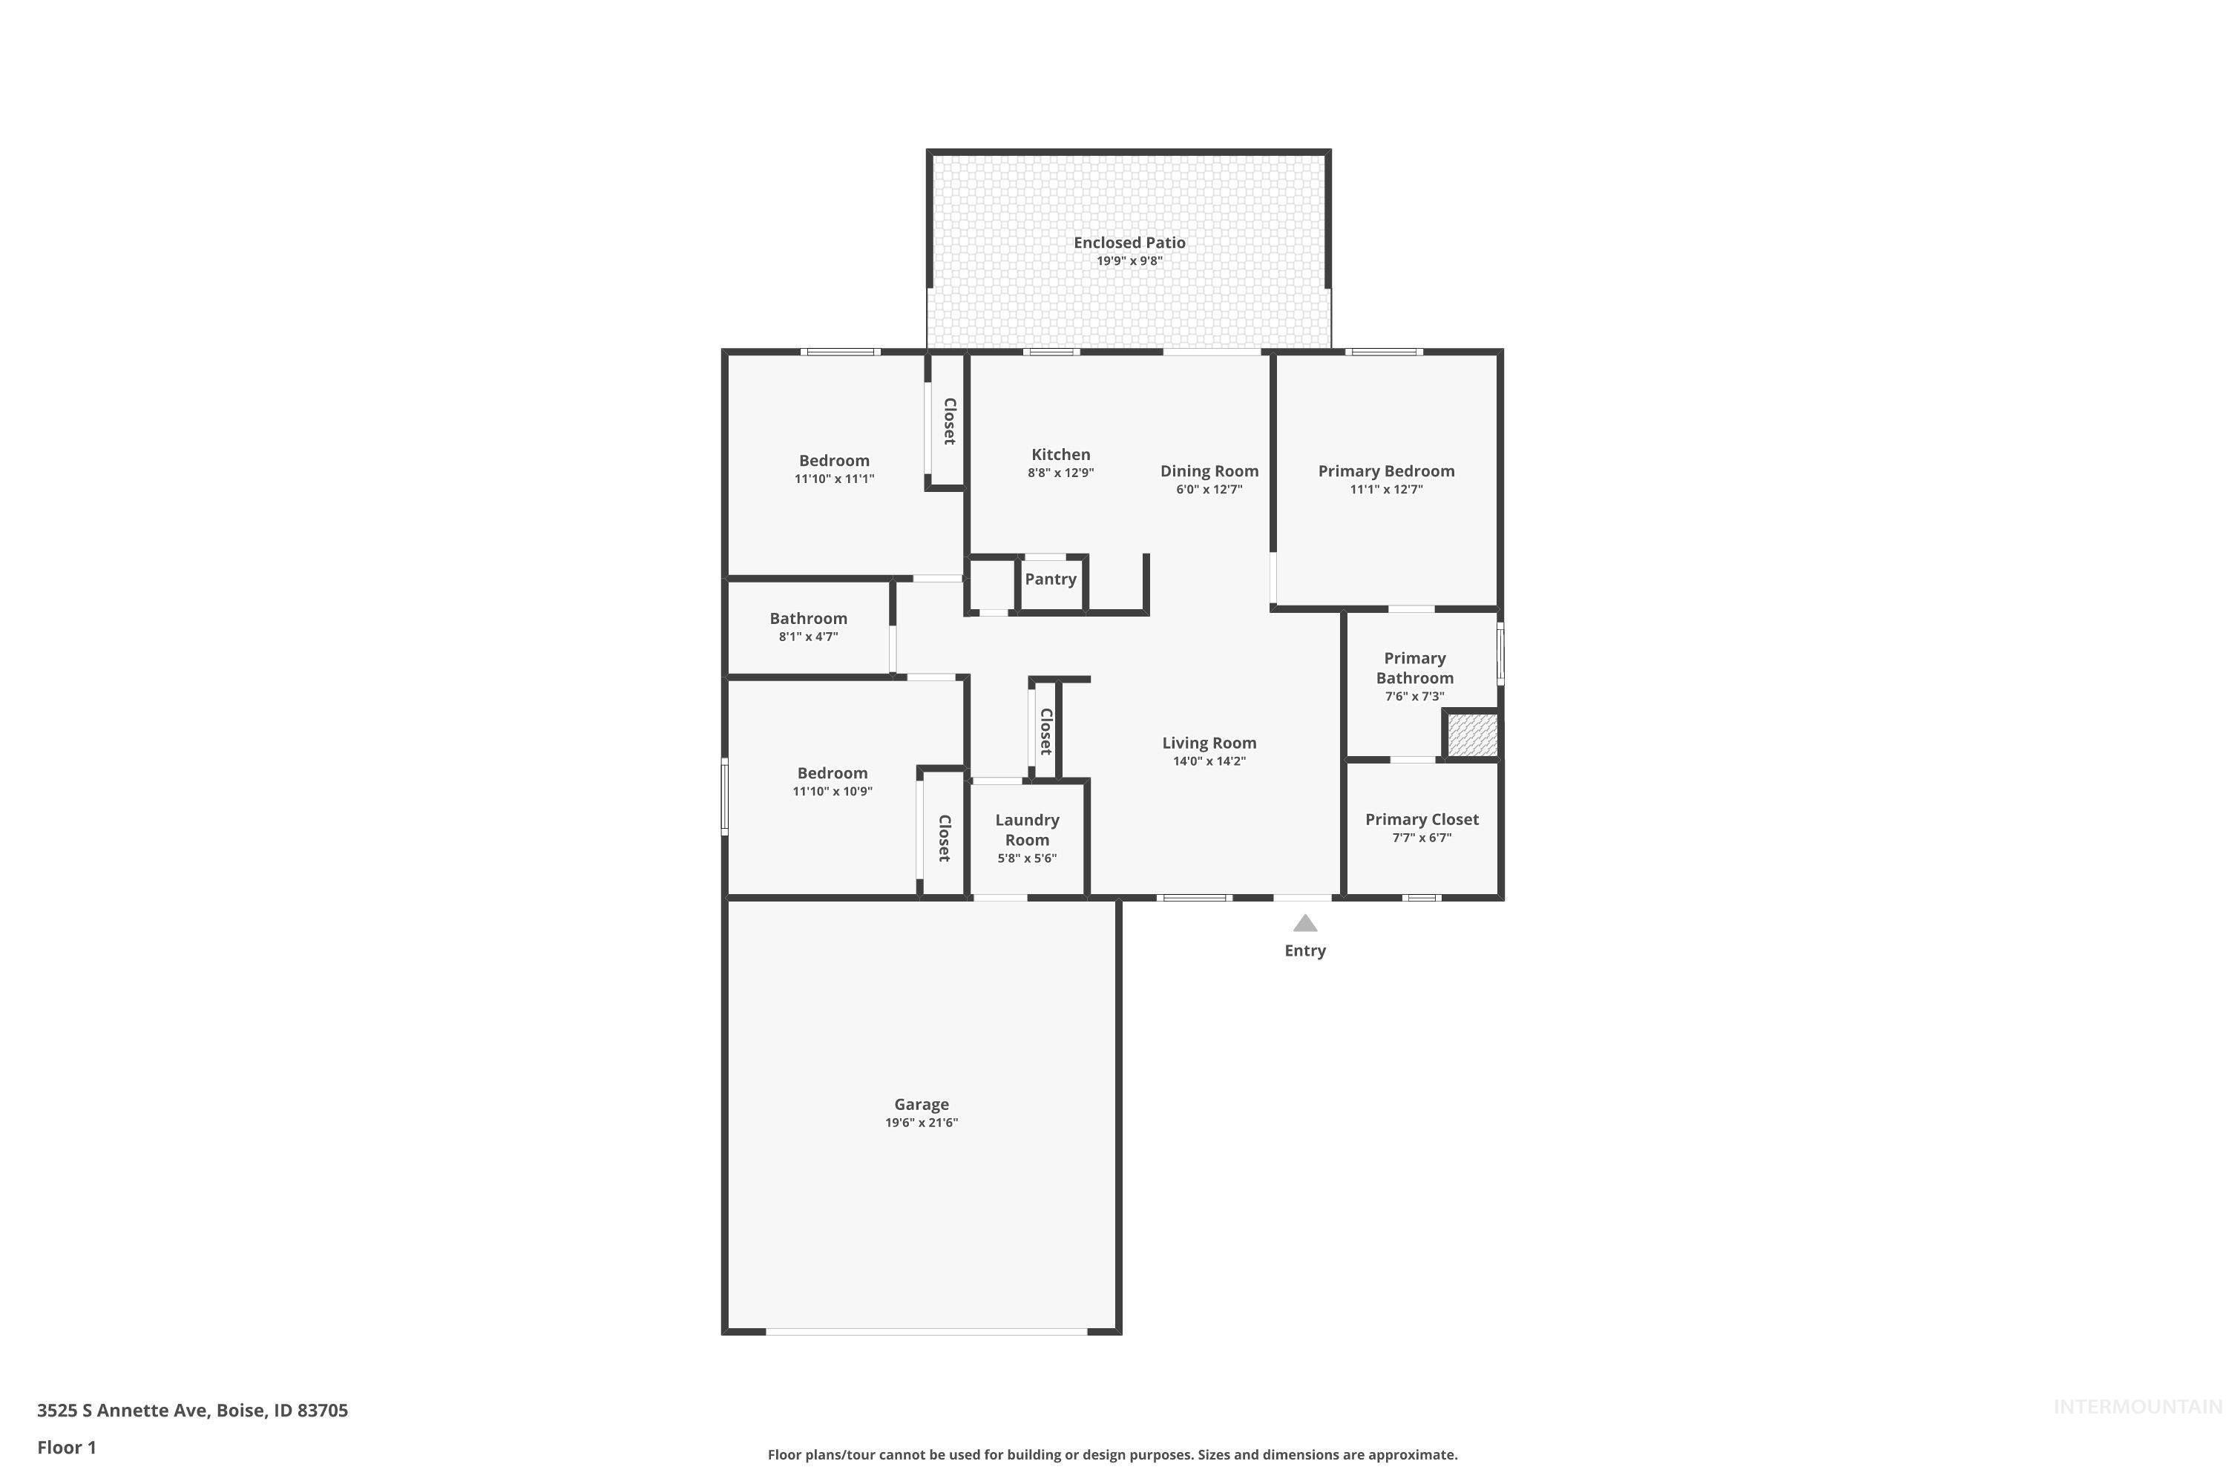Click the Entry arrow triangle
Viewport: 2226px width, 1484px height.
click(x=1304, y=924)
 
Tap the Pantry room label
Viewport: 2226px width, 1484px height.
click(x=1050, y=580)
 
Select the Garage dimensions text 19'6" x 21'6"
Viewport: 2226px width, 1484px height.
click(x=921, y=1123)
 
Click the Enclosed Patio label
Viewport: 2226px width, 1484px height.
click(x=1129, y=243)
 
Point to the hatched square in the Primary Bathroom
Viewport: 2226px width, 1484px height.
click(x=1471, y=735)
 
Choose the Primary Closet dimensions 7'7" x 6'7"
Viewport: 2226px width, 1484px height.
click(x=1422, y=838)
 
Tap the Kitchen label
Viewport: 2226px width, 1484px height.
click(x=1060, y=454)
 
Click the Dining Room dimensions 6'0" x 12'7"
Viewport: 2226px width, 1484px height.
click(x=1209, y=489)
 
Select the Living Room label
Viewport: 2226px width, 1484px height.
click(x=1209, y=743)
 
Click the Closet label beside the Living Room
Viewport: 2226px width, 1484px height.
click(x=1045, y=731)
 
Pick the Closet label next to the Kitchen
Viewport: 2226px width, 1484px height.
click(x=949, y=421)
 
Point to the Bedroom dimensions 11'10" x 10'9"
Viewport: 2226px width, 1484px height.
click(x=832, y=791)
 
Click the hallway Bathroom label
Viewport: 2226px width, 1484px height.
click(x=808, y=618)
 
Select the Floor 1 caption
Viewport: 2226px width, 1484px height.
click(x=66, y=1447)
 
